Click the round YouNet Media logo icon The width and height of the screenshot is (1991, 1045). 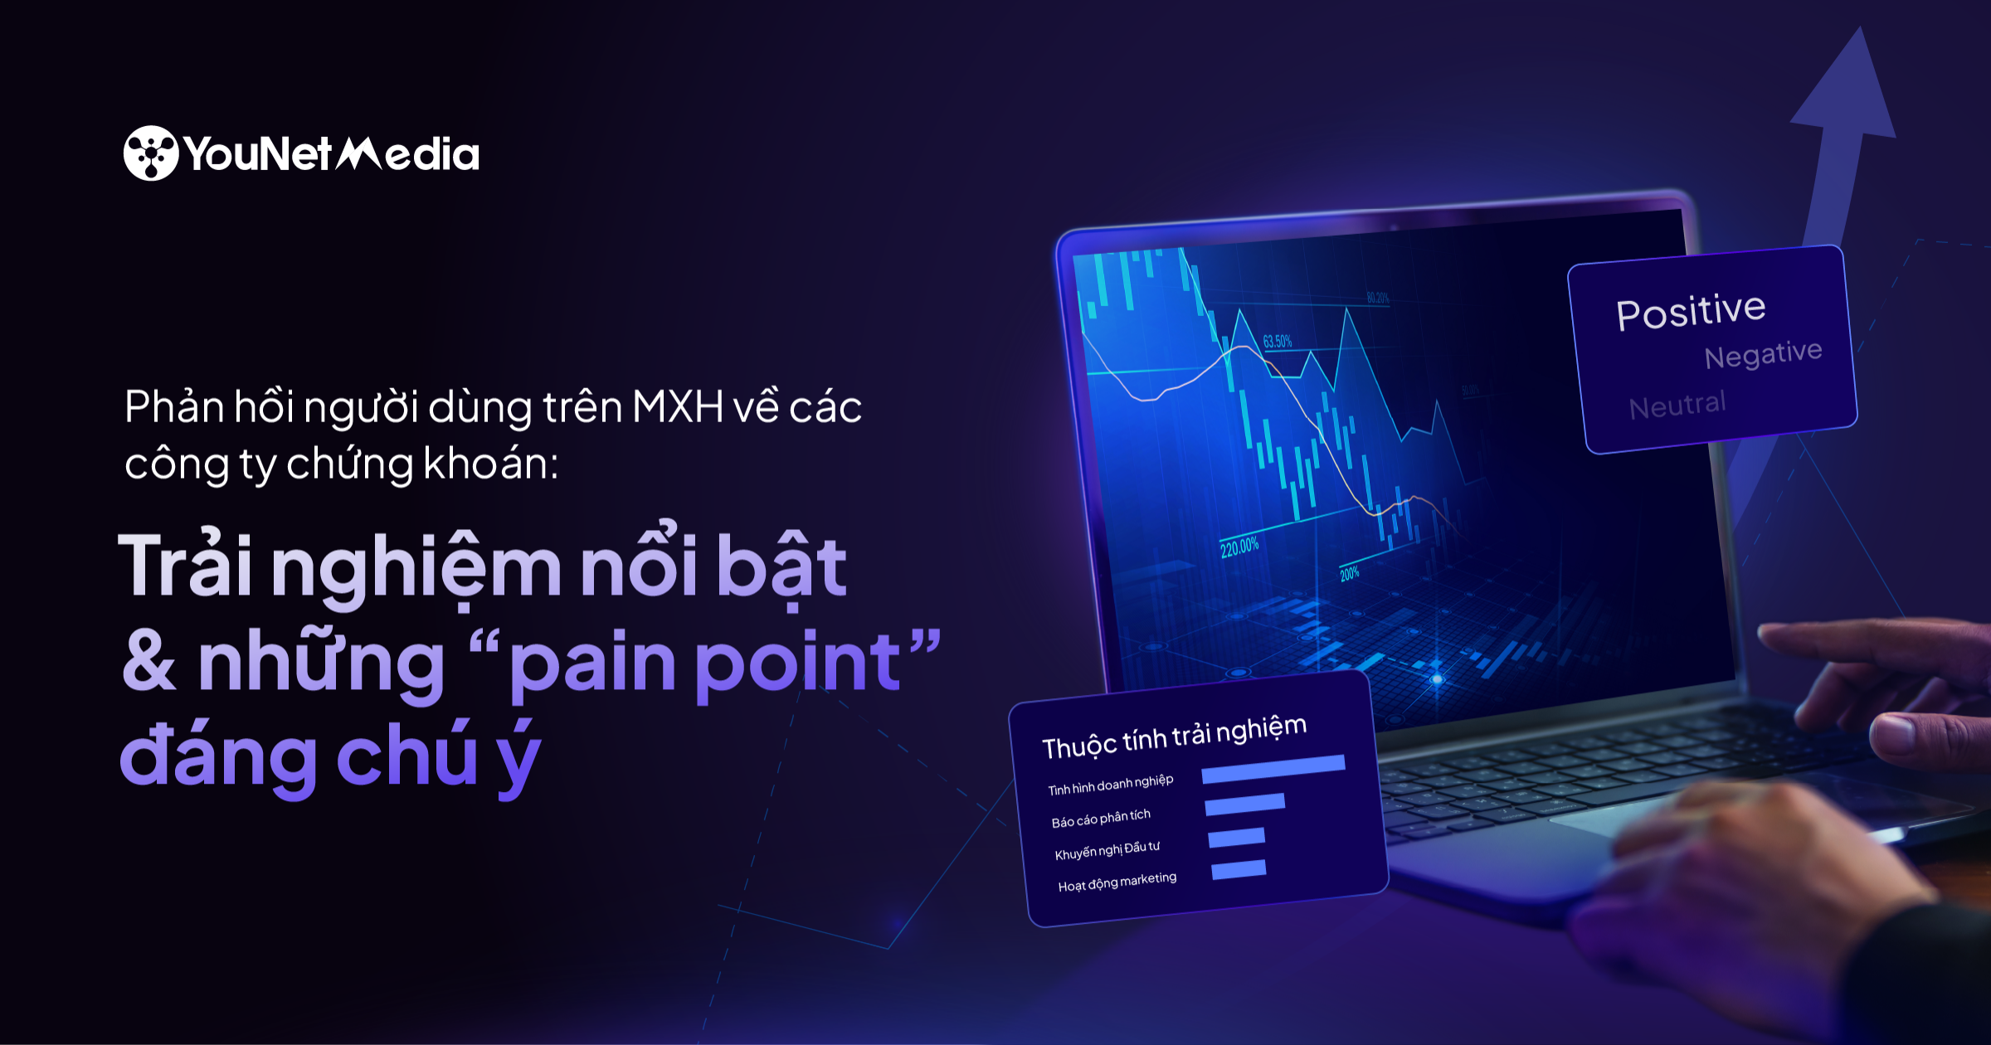pyautogui.click(x=151, y=153)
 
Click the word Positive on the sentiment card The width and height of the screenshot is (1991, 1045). pyautogui.click(x=1691, y=312)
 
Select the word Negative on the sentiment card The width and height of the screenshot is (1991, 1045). pyautogui.click(x=1763, y=354)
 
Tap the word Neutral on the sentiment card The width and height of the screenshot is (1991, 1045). pyautogui.click(x=1677, y=406)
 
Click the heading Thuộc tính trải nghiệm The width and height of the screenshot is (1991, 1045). pyautogui.click(x=1174, y=736)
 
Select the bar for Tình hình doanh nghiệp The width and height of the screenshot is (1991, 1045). pyautogui.click(x=1273, y=769)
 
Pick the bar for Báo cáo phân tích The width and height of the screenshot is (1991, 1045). pyautogui.click(x=1244, y=804)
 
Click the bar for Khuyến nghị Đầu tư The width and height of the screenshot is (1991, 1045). pyautogui.click(x=1236, y=838)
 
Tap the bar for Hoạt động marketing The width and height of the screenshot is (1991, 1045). pyautogui.click(x=1239, y=870)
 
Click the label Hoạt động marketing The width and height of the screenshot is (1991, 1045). pyautogui.click(x=1117, y=882)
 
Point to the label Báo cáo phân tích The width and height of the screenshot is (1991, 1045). pyautogui.click(x=1101, y=818)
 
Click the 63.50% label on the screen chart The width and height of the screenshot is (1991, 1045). pyautogui.click(x=1278, y=342)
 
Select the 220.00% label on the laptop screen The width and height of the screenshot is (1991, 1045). pyautogui.click(x=1239, y=547)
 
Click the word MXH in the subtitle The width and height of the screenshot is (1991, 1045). pyautogui.click(x=678, y=407)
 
